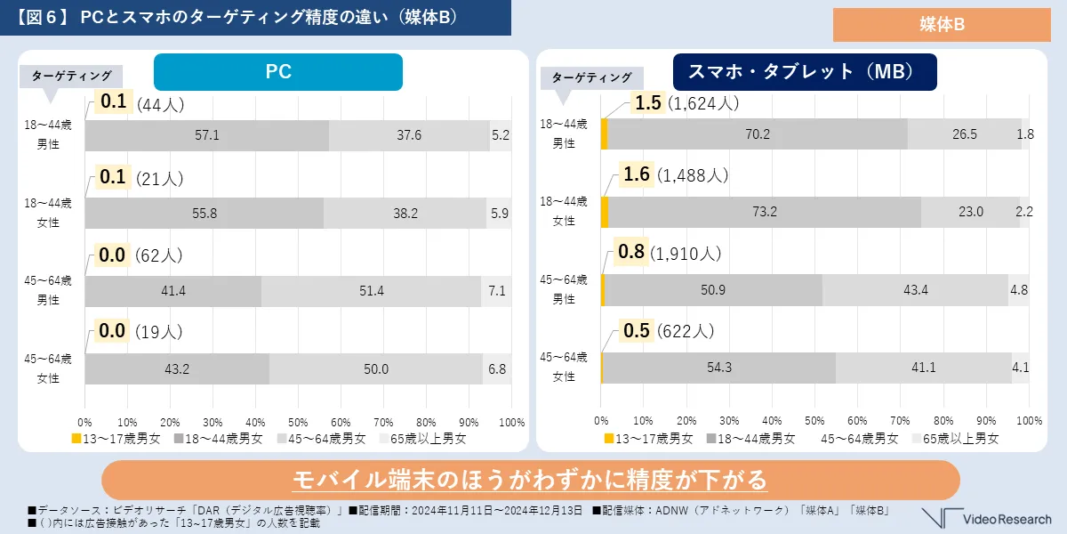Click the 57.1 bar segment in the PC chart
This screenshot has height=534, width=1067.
point(207,135)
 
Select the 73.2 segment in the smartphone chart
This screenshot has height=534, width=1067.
point(765,212)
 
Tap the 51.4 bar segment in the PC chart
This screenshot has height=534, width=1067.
point(372,291)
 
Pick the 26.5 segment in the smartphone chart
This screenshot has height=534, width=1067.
point(964,134)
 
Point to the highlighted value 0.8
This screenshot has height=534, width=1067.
point(630,253)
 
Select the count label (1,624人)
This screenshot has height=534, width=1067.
point(703,103)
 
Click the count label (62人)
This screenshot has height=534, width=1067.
point(159,256)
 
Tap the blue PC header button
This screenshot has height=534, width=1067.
point(278,72)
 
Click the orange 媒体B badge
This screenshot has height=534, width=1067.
point(940,25)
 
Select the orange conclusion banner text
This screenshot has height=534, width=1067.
point(531,481)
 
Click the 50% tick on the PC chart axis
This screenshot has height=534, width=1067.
point(298,421)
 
